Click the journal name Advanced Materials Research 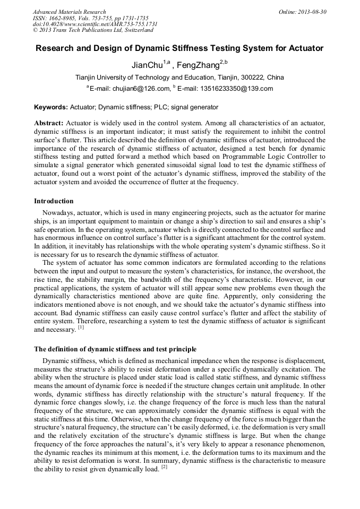coord(69,12)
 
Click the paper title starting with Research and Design coord(179,48)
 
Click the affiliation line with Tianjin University coord(179,77)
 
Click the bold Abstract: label coord(49,123)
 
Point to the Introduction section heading coord(54,201)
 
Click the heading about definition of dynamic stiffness coord(115,349)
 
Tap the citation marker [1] coord(81,328)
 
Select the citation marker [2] coord(164,468)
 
